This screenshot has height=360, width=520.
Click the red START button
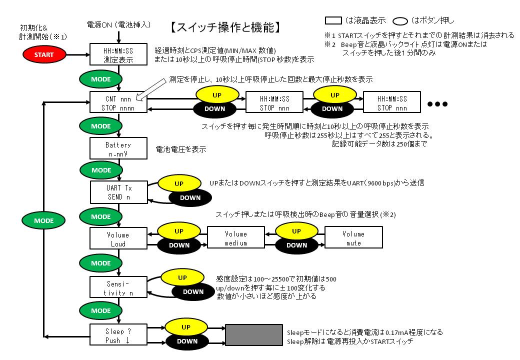(x=44, y=54)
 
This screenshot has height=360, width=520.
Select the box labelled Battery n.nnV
(x=118, y=148)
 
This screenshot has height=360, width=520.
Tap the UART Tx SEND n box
(x=118, y=192)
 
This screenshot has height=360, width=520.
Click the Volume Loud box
(x=118, y=238)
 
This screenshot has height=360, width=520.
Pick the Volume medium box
(x=236, y=237)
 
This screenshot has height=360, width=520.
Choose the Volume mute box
(x=353, y=237)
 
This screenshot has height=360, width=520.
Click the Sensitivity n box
(x=118, y=287)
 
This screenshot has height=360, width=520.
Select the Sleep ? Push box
(x=118, y=335)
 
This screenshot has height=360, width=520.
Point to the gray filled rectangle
(x=254, y=335)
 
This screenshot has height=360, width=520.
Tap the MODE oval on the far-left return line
(x=43, y=221)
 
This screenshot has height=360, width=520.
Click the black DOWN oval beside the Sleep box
(x=187, y=341)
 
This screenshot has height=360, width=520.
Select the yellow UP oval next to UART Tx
(x=179, y=183)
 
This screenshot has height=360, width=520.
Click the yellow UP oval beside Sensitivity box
(x=182, y=278)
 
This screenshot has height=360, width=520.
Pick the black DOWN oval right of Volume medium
(x=296, y=245)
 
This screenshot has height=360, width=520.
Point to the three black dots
(x=437, y=104)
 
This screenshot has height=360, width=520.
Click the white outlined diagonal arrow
(x=151, y=89)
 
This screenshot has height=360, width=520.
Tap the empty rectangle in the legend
(x=333, y=20)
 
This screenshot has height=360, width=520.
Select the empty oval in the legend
(x=400, y=21)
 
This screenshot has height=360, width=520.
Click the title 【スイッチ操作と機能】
(x=225, y=27)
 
